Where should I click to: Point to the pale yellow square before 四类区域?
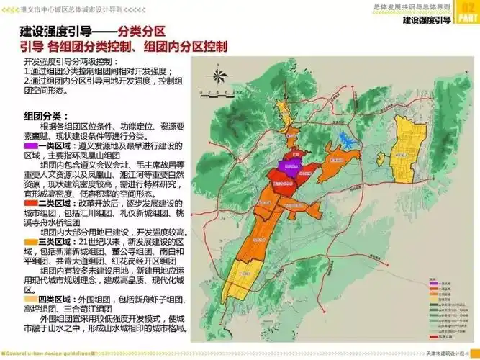coord(27,297)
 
